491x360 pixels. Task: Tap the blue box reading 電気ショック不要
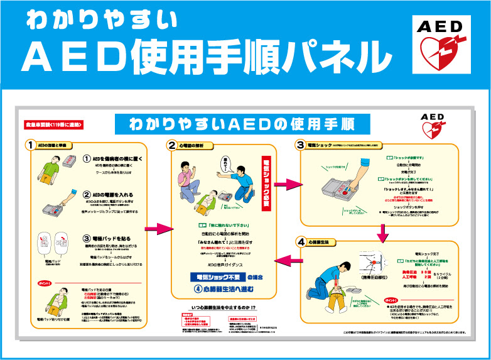(x=216, y=277)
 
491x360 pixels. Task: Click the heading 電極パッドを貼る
(x=116, y=239)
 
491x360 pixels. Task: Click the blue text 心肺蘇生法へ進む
(x=228, y=290)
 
